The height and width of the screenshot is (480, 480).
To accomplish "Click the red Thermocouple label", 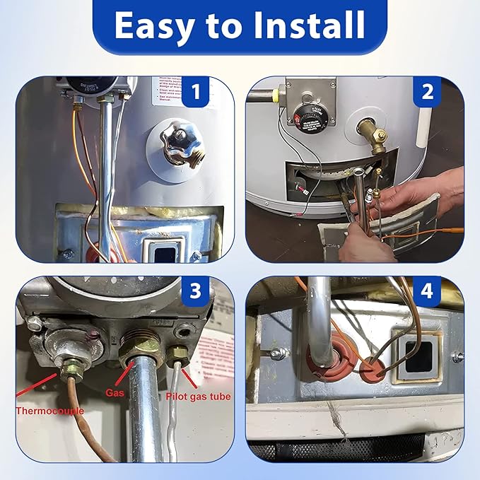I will tap(49, 410).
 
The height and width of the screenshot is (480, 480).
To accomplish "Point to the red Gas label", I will tap(117, 390).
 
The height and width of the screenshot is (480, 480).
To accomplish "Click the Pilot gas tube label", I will tap(198, 397).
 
